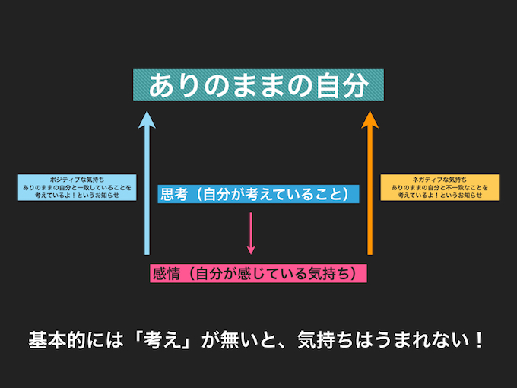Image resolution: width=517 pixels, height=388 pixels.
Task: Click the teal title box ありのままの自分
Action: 258,86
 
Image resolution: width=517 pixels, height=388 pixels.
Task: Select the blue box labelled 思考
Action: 258,194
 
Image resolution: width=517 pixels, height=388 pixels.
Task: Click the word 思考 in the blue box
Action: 173,194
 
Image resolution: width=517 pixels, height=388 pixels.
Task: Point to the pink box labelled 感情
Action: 258,273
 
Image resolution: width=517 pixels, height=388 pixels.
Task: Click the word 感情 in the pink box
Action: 167,273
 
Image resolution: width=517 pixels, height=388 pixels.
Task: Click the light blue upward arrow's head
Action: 147,119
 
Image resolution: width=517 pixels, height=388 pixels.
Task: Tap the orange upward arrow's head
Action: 370,119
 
